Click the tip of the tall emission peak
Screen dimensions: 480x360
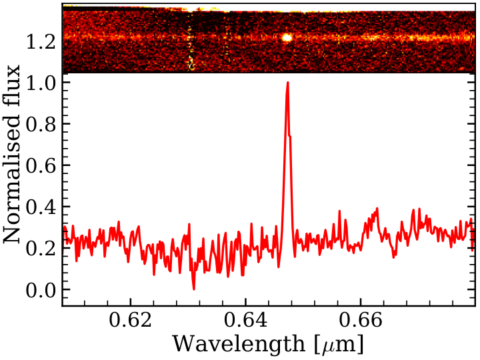288,83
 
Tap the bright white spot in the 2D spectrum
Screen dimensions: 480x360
287,37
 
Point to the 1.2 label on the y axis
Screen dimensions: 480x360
41,41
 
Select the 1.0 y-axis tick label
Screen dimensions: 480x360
41,83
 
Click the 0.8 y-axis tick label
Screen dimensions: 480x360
41,124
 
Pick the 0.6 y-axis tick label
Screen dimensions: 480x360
41,165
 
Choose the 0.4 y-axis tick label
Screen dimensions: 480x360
41,207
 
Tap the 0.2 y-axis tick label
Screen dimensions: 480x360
41,248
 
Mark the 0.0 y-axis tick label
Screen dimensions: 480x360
41,289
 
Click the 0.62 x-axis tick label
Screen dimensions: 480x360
131,320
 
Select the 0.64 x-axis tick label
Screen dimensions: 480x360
245,320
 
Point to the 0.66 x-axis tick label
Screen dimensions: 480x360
361,320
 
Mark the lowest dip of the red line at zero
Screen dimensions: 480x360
193,289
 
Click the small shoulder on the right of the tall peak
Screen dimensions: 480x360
290,136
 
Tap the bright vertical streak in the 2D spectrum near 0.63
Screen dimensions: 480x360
191,49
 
